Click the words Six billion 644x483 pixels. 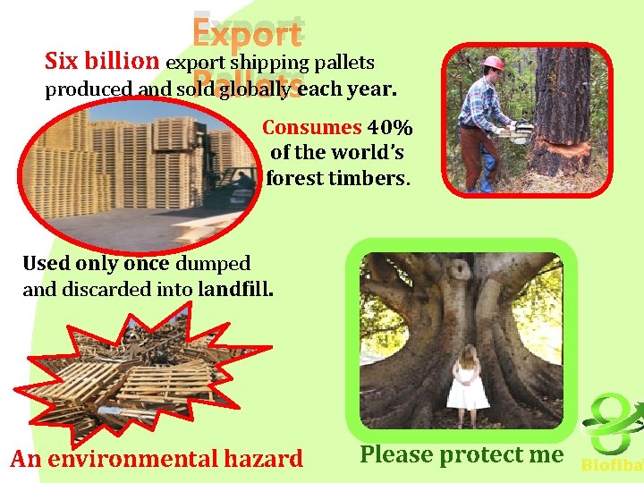pos(102,62)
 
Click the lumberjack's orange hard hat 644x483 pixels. pos(493,63)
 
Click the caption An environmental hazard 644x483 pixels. pos(157,459)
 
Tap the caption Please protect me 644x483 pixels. pos(462,454)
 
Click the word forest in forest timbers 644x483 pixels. pos(292,178)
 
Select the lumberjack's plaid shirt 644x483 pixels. pos(483,103)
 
